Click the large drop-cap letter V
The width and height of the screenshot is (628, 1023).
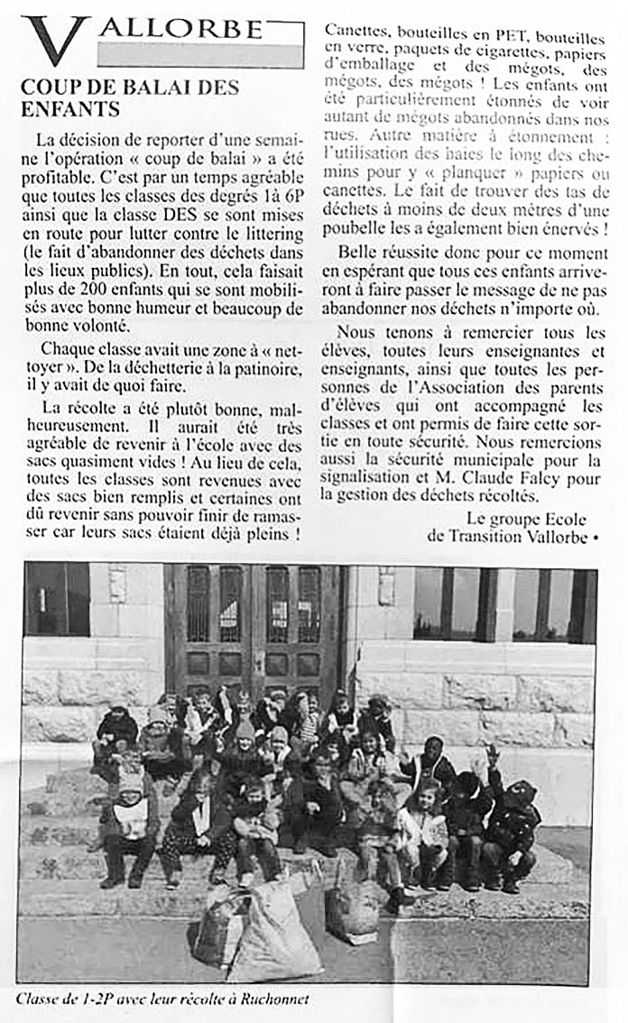[54, 41]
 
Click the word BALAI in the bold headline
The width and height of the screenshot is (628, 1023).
[151, 88]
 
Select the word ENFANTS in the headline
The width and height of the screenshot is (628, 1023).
[69, 109]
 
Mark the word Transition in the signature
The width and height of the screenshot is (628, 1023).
[487, 536]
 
